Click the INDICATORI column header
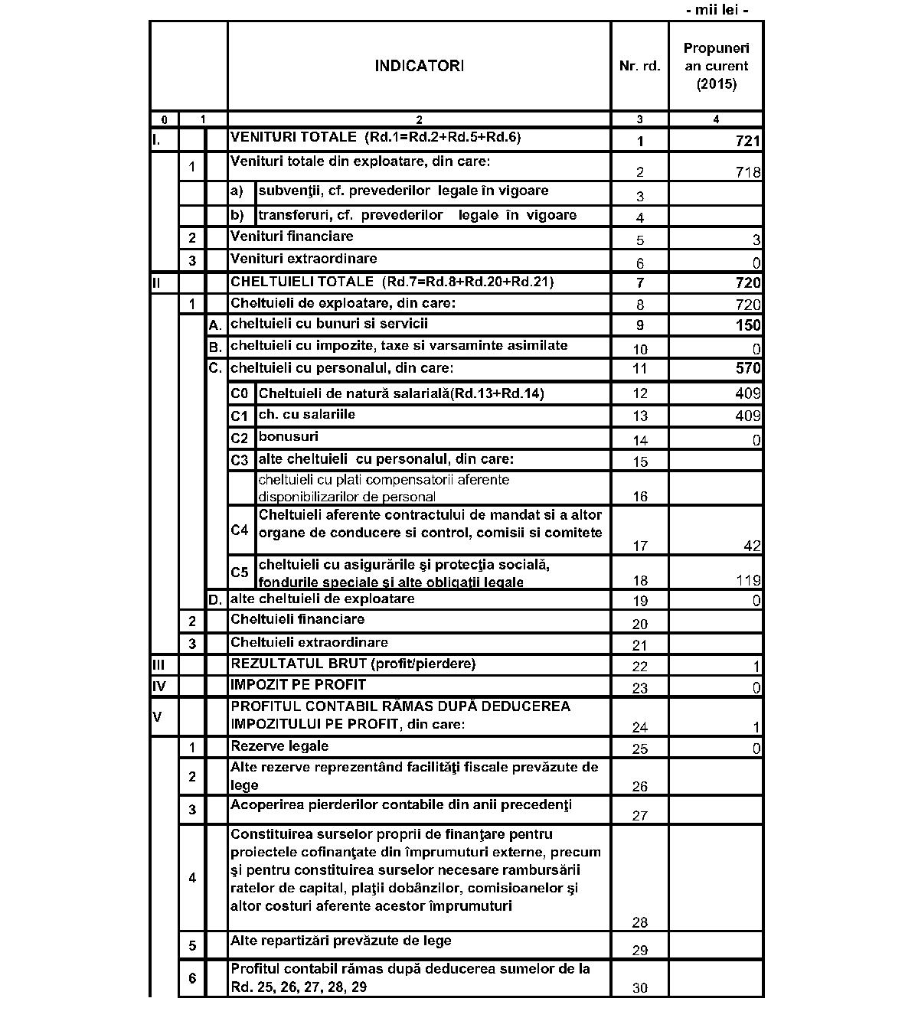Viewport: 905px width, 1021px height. point(419,66)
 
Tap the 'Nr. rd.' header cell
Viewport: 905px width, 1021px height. point(639,67)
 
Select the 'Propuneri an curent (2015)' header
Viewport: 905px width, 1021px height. point(716,66)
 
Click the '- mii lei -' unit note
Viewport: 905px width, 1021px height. point(717,10)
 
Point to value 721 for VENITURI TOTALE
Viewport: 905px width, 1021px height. point(748,141)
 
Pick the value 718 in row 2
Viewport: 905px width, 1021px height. point(748,172)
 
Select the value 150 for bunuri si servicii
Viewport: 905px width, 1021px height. point(748,325)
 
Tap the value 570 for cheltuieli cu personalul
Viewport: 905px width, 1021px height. point(748,368)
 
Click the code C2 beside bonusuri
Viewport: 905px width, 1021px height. point(240,439)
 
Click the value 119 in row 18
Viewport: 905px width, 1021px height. point(748,581)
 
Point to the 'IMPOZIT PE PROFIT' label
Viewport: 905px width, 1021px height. point(298,684)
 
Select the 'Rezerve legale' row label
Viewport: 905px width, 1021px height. point(279,745)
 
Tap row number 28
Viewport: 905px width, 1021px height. point(640,922)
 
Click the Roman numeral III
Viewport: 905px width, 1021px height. point(159,664)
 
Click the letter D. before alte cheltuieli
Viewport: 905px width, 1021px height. point(215,599)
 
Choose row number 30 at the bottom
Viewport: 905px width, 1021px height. point(640,988)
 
